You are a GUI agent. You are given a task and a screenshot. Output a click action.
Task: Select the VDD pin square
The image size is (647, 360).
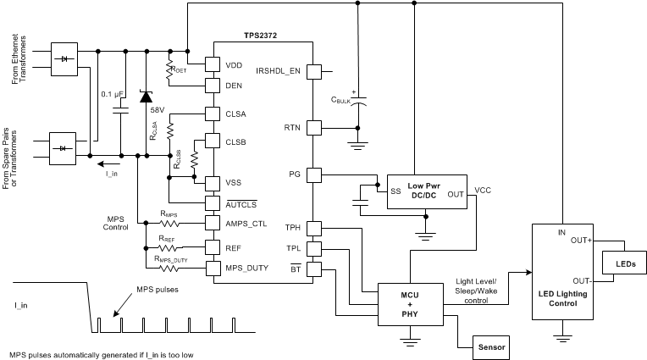coord(213,65)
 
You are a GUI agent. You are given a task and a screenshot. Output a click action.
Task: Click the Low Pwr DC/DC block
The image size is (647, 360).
coord(416,191)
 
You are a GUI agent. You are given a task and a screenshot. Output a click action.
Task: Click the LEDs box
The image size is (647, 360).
coord(622,265)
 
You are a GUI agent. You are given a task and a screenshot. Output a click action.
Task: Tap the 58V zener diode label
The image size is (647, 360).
coord(157,110)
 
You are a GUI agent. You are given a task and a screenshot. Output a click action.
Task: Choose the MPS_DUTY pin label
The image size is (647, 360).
coord(246,269)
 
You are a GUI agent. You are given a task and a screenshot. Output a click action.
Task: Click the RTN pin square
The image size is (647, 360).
coord(314,127)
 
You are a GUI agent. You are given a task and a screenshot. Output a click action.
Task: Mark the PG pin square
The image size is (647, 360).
coord(314,175)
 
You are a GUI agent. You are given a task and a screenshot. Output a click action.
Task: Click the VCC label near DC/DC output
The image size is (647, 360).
coord(483,190)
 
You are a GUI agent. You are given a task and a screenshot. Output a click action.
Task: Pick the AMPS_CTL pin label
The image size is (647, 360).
coord(246,224)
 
